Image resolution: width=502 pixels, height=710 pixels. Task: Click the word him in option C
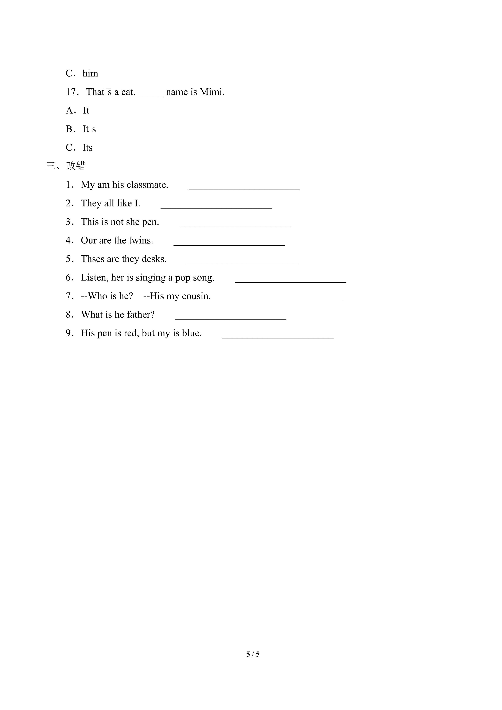pos(90,74)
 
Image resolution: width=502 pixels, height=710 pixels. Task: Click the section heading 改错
pos(76,166)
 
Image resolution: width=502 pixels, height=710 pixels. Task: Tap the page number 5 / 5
pos(253,654)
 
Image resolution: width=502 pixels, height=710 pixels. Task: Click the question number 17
pos(71,92)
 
